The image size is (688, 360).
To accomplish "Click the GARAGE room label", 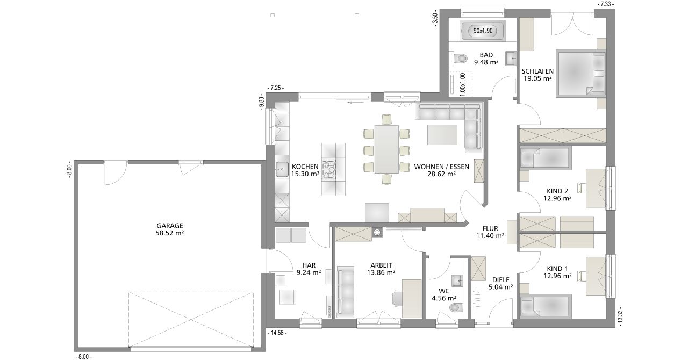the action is coord(169,226).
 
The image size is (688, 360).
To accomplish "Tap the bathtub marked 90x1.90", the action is coord(483,30).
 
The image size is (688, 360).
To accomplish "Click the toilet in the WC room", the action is coord(456,307).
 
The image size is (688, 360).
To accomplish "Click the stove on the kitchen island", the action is coord(328,169).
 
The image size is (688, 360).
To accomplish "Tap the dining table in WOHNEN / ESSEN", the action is coord(386,149).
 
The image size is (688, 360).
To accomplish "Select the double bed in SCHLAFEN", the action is coord(581,74).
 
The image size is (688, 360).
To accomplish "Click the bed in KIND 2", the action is coord(546,158).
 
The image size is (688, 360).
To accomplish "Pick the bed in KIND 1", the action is coord(546,306).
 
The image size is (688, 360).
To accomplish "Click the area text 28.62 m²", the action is coord(441,174).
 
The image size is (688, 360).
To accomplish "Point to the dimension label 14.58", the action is coord(277,333).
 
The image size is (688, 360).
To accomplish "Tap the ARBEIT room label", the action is coord(381,265).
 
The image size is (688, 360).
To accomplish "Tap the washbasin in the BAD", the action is coord(511,57).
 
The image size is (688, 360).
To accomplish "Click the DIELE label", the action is coord(500,280).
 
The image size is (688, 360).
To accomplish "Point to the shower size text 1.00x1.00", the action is coord(463,84).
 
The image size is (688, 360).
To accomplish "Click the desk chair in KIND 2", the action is coord(582,188).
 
